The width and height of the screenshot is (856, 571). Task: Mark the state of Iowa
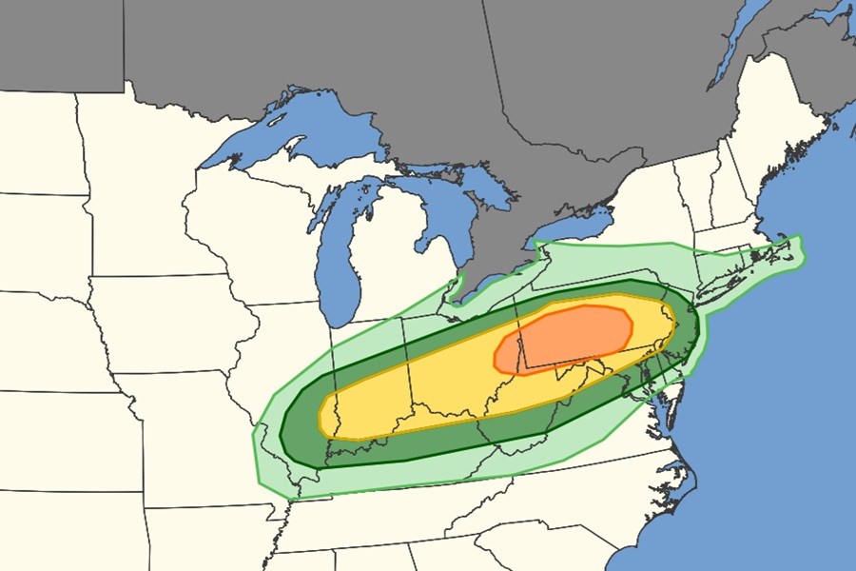point(171,324)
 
